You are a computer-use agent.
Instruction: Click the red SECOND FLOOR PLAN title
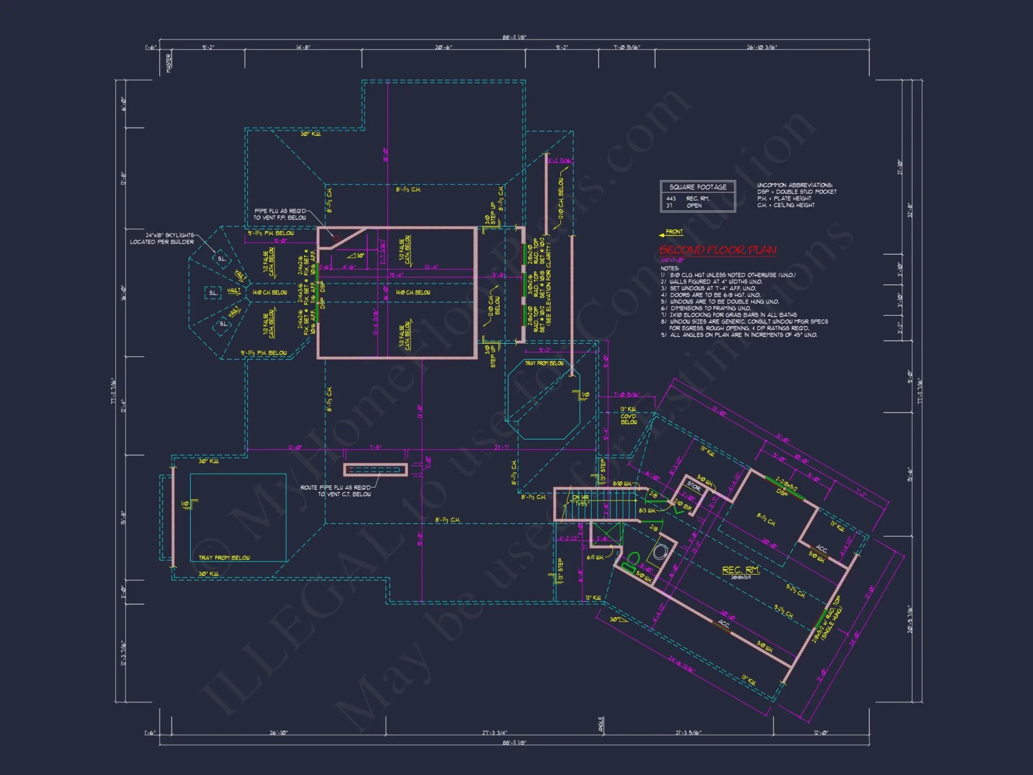coord(717,250)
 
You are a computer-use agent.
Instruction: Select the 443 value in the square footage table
coord(671,198)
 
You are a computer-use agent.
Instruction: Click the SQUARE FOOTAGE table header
coord(698,187)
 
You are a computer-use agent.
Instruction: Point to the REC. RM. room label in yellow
coord(741,569)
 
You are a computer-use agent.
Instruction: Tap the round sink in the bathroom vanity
coord(660,552)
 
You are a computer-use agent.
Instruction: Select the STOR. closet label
coord(694,487)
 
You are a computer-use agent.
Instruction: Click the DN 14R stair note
coord(581,497)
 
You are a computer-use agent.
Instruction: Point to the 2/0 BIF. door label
coord(683,505)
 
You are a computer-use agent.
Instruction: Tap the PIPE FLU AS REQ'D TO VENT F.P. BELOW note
coord(279,214)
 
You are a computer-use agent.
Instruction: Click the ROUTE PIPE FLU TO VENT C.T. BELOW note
coord(336,491)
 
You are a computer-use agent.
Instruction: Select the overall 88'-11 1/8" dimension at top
coord(514,37)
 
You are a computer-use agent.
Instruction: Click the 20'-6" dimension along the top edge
coord(443,48)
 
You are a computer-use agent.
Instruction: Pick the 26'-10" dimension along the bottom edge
coord(278,733)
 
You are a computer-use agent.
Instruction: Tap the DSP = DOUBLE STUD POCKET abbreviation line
coord(796,192)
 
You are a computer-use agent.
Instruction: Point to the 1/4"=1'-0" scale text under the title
coord(672,260)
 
